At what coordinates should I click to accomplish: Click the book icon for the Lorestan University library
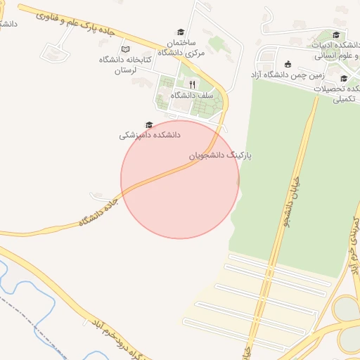pyautogui.click(x=126, y=49)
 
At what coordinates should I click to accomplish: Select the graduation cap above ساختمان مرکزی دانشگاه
pyautogui.click(x=180, y=32)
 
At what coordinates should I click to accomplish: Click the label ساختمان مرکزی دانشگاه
pyautogui.click(x=181, y=47)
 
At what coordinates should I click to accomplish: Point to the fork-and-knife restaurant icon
pyautogui.click(x=192, y=84)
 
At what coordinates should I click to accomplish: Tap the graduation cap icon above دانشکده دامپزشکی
pyautogui.click(x=148, y=124)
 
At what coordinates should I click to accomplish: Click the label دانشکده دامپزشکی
pyautogui.click(x=149, y=134)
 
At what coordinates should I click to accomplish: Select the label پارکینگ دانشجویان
pyautogui.click(x=220, y=153)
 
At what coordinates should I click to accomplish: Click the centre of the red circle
pyautogui.click(x=180, y=180)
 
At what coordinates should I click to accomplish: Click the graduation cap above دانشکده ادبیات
pyautogui.click(x=336, y=34)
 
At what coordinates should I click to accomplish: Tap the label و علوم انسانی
pyautogui.click(x=337, y=56)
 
